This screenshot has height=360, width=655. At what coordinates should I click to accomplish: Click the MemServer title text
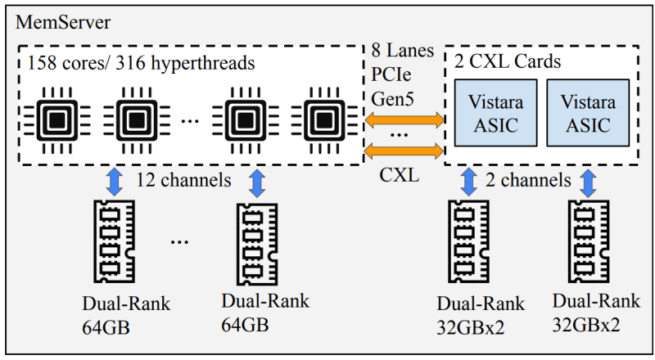tap(63, 22)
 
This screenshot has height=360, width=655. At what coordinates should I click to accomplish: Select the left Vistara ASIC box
tap(496, 113)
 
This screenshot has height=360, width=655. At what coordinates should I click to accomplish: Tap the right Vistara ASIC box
tap(588, 113)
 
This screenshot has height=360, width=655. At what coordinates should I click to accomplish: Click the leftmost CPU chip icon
tap(57, 121)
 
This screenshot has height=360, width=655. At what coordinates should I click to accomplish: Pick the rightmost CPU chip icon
tap(324, 121)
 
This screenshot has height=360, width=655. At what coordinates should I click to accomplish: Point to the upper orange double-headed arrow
tap(404, 119)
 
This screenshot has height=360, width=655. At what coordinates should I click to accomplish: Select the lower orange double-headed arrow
tap(404, 151)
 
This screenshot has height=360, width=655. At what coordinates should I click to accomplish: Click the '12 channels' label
tap(183, 181)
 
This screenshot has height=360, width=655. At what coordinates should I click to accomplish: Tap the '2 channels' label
tap(528, 181)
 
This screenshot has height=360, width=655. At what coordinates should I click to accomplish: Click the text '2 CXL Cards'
tap(507, 61)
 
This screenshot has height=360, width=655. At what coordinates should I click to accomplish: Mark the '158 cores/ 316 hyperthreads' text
tap(141, 63)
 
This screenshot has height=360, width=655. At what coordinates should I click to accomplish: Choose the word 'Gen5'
tap(392, 99)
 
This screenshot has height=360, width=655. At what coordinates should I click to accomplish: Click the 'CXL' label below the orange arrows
tap(400, 175)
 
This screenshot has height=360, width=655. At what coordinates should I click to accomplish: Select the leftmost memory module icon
tap(114, 241)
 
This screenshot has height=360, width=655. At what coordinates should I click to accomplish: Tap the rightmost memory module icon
tap(588, 241)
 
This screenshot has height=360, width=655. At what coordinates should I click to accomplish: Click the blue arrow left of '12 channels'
tap(115, 182)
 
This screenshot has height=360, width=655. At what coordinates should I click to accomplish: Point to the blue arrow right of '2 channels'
tap(588, 183)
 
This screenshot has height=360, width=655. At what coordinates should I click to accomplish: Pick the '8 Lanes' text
tap(403, 50)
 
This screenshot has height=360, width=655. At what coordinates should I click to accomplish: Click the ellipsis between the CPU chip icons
tap(190, 122)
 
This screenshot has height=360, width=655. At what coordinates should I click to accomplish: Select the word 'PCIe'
tap(391, 74)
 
